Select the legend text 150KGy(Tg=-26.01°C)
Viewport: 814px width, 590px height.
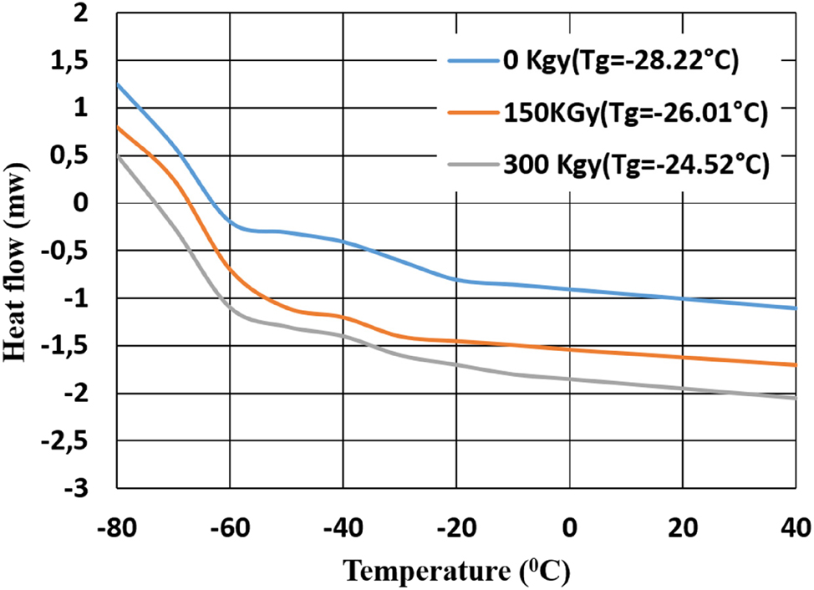[634, 114]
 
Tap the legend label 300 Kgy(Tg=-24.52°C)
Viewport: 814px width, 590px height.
[634, 165]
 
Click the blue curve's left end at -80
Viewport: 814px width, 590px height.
[118, 84]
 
